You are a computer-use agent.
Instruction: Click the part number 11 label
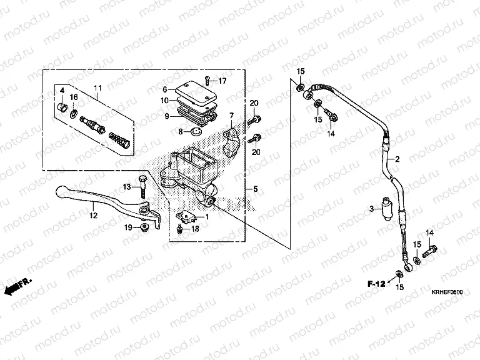pos(97,87)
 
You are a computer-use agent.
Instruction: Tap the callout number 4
pos(62,91)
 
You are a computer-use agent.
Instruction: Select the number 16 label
pos(74,97)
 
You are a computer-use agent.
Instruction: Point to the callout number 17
pos(222,81)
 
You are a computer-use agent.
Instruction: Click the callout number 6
pos(165,89)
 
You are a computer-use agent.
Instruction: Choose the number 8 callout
pos(180,132)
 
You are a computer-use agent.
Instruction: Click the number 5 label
pos(254,188)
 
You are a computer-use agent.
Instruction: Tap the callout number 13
pos(126,187)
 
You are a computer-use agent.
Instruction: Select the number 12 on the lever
pos(93,216)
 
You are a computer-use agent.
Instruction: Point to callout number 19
pos(127,227)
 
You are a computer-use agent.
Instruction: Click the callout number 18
pos(195,229)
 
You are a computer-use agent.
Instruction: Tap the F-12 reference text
pos(375,284)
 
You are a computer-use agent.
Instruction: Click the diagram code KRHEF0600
pos(446,291)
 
